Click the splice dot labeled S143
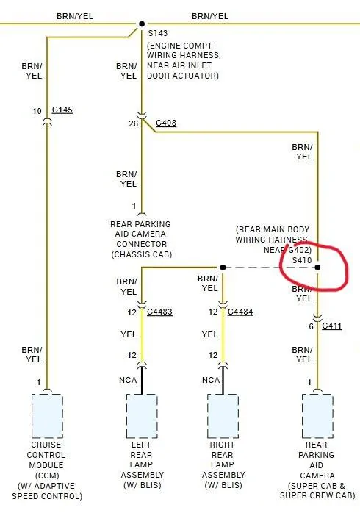142,24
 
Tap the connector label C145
62,110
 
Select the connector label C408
166,123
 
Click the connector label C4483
159,312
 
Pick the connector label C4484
240,312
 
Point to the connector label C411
331,326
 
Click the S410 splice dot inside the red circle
317,268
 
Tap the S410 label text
301,260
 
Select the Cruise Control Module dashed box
47,416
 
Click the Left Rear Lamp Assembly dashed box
142,416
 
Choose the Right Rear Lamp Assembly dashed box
223,416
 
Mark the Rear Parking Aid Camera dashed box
317,416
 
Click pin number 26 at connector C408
134,123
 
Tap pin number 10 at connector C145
37,111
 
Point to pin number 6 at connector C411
311,326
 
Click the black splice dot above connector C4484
223,268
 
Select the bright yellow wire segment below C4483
142,334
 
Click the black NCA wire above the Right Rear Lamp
223,380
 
